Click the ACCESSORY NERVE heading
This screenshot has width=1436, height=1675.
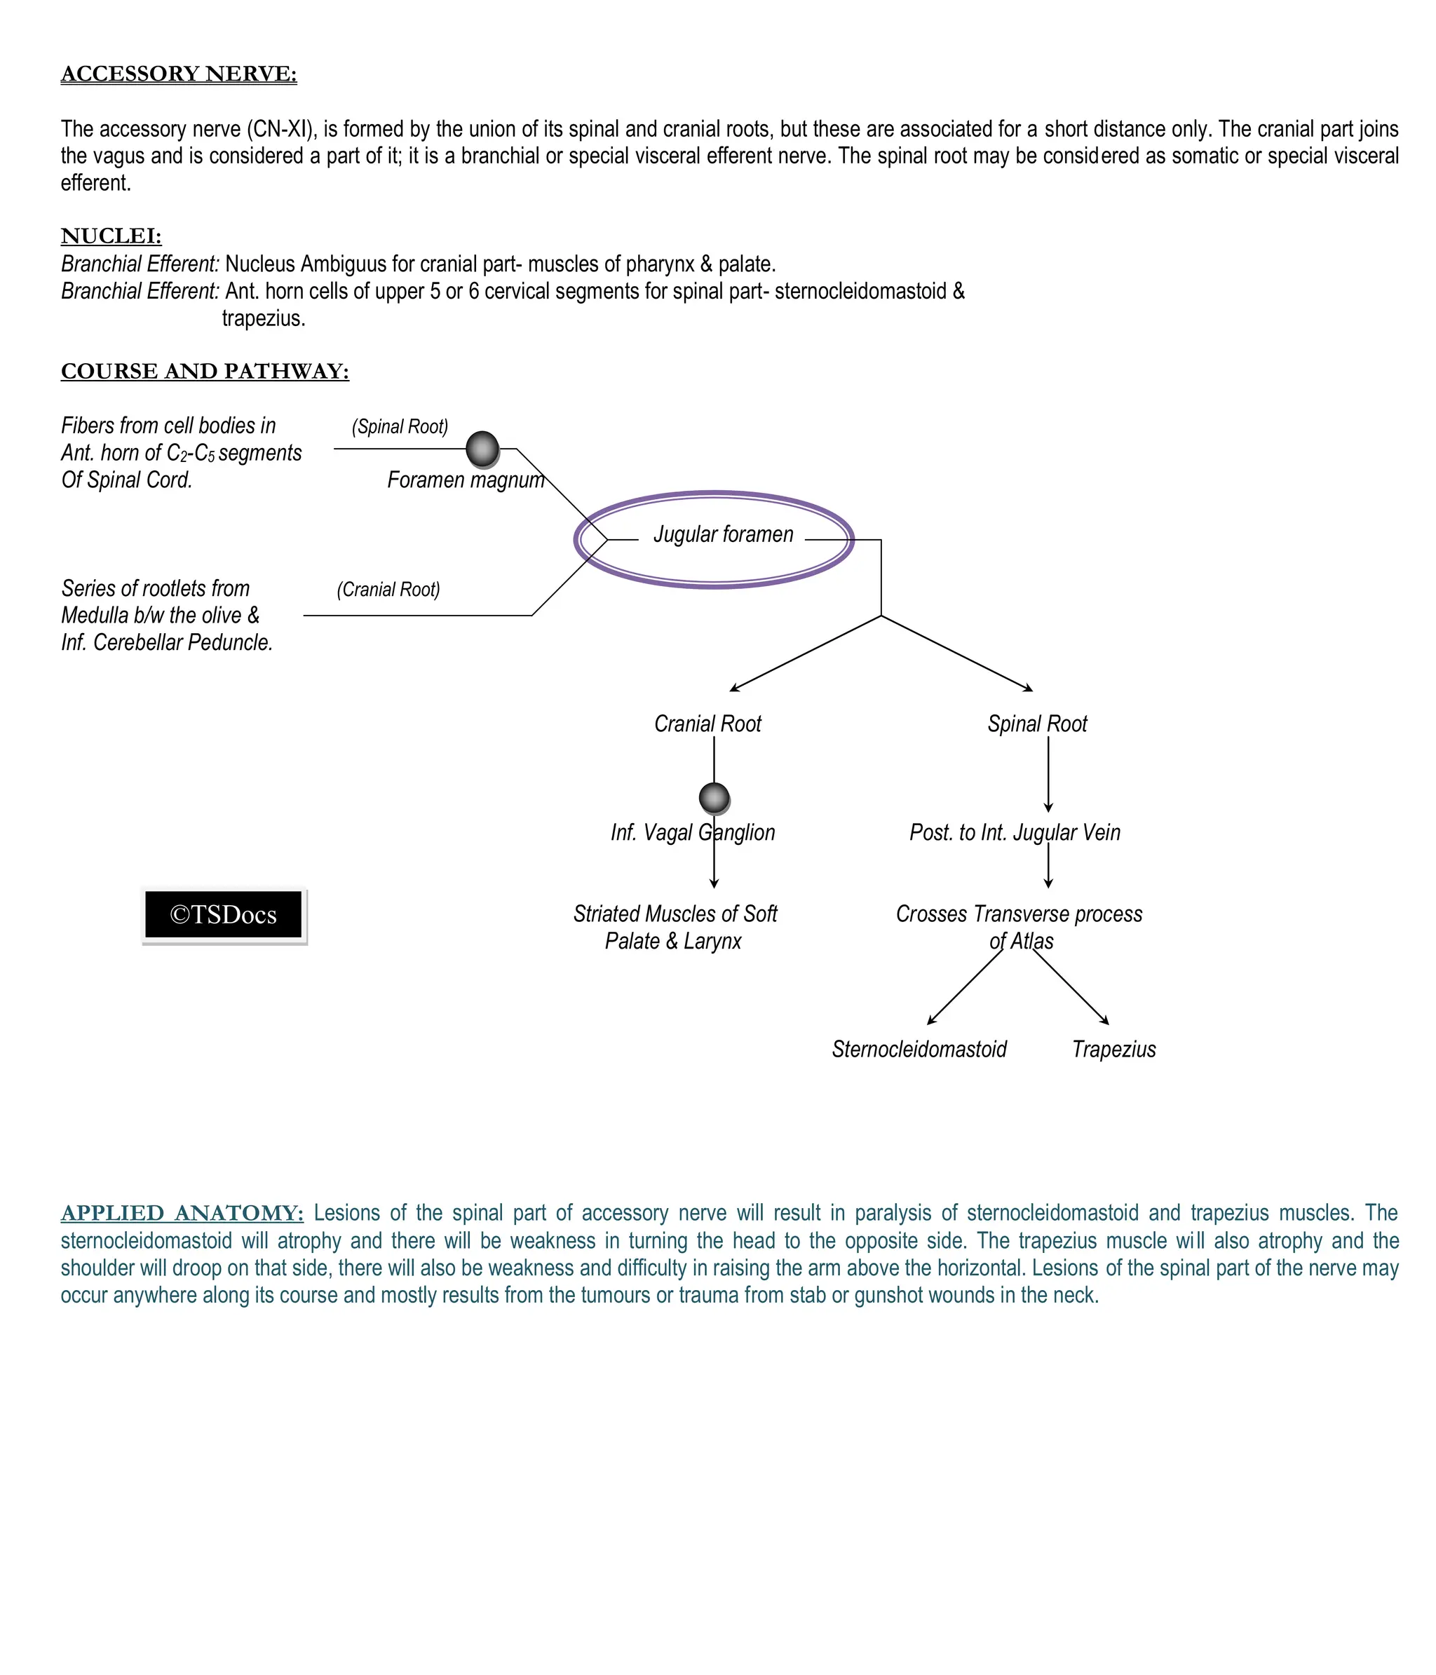pyautogui.click(x=179, y=74)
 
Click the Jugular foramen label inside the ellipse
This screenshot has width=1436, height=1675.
pyautogui.click(x=723, y=534)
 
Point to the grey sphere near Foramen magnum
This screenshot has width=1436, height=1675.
pyautogui.click(x=482, y=449)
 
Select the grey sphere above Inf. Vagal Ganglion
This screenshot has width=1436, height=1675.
pyautogui.click(x=714, y=798)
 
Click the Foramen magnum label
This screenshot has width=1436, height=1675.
pyautogui.click(x=465, y=480)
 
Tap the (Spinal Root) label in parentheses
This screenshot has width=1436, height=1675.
pyautogui.click(x=400, y=426)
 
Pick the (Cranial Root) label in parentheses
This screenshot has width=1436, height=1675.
pyautogui.click(x=388, y=590)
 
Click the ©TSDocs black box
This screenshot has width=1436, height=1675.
pyautogui.click(x=223, y=914)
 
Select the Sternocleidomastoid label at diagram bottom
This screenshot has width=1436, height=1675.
pyautogui.click(x=919, y=1050)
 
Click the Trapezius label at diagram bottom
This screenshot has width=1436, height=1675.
pyautogui.click(x=1113, y=1050)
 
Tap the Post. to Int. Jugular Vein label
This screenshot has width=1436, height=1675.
pyautogui.click(x=1014, y=833)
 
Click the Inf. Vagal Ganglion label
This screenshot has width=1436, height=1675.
pyautogui.click(x=692, y=833)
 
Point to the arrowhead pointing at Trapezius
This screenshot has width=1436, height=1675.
pyautogui.click(x=1105, y=1021)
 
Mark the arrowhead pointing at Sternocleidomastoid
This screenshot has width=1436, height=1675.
pyautogui.click(x=931, y=1021)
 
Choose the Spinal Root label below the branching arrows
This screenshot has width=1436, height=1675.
pyautogui.click(x=1036, y=724)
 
